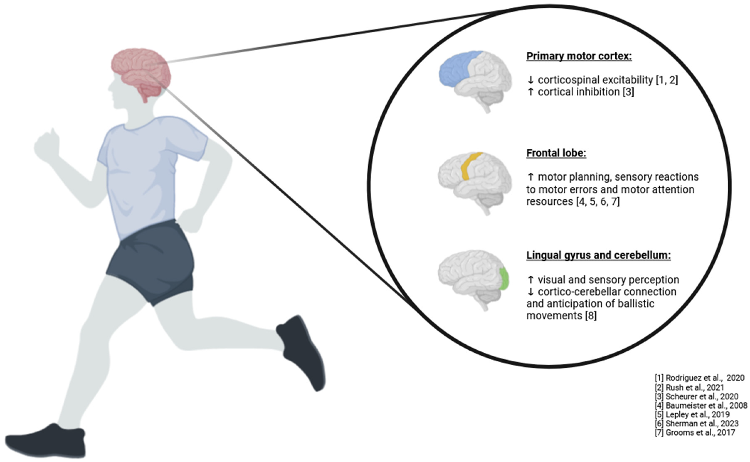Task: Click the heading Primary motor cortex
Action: [x=579, y=56]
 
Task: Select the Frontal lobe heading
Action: [x=556, y=153]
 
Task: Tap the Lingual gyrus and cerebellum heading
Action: [x=598, y=255]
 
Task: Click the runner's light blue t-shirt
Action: [x=144, y=171]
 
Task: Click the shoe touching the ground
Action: [x=46, y=441]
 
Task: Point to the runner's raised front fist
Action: [x=47, y=145]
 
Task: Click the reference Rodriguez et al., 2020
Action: [x=699, y=378]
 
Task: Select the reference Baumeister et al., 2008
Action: [x=701, y=405]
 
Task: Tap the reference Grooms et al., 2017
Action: [x=695, y=432]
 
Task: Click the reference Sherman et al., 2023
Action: [x=697, y=424]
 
